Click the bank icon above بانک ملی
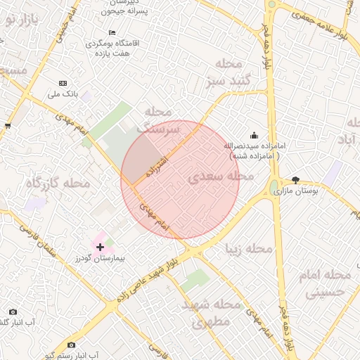click(x=63, y=83)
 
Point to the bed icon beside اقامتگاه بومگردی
click(x=112, y=33)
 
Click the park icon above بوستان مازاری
click(x=295, y=180)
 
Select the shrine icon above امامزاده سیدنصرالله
click(x=253, y=135)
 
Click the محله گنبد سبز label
click(x=225, y=73)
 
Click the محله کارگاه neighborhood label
click(x=58, y=183)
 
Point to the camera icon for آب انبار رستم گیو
click(x=71, y=345)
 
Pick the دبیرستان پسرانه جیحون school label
click(x=124, y=7)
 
